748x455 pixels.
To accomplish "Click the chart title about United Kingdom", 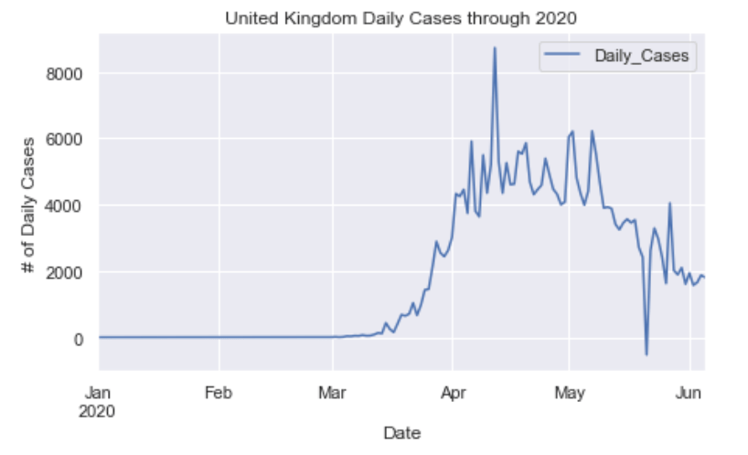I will pyautogui.click(x=401, y=17).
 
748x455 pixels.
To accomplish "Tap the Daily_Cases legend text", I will pyautogui.click(x=641, y=57).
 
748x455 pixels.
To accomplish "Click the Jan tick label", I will pyautogui.click(x=99, y=392).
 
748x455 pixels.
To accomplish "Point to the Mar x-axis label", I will pyautogui.click(x=333, y=392).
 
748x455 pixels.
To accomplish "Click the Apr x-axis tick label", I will pyautogui.click(x=453, y=392).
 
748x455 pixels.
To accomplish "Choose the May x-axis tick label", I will pyautogui.click(x=569, y=392).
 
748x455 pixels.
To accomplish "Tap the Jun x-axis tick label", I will pyautogui.click(x=689, y=392).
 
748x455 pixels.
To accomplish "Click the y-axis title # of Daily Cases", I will pyautogui.click(x=28, y=206).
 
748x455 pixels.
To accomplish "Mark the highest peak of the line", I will pyautogui.click(x=495, y=48).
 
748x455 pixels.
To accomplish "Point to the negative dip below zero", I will pyautogui.click(x=646, y=354).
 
